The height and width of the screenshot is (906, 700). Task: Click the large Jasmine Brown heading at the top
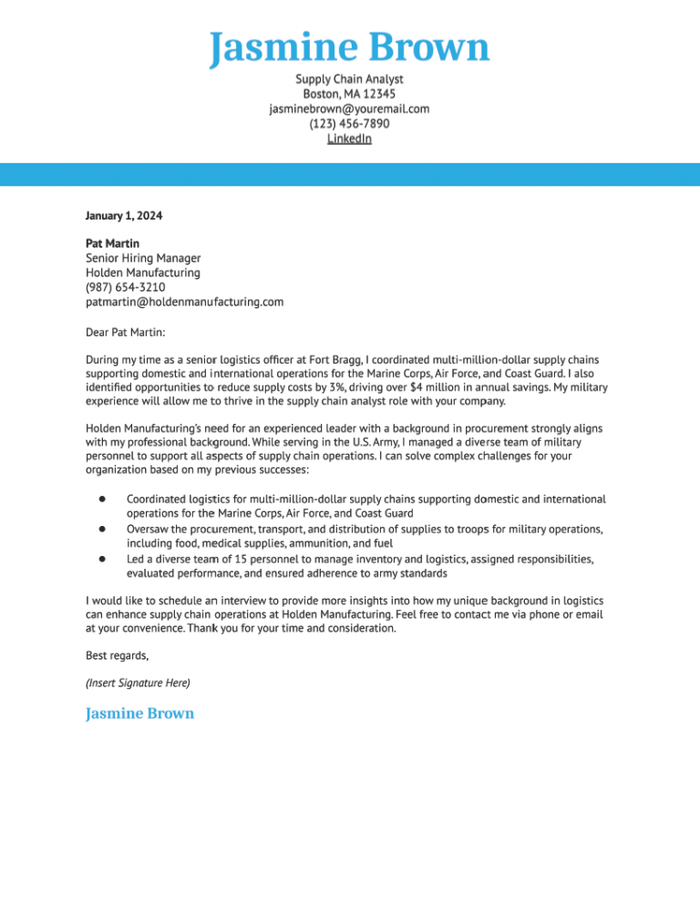[349, 47]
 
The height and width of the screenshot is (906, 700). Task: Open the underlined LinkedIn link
[349, 139]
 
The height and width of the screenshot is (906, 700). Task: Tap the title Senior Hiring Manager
[143, 258]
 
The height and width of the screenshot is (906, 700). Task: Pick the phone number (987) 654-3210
[125, 287]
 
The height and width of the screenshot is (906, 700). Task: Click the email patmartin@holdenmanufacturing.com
[184, 302]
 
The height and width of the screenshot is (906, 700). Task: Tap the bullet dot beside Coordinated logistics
[103, 499]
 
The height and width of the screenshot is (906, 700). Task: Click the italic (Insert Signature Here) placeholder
[138, 683]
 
